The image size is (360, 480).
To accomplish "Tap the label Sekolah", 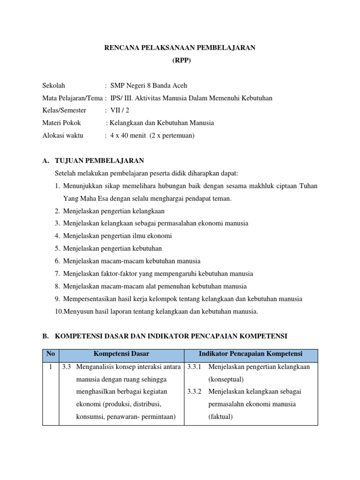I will (x=54, y=86).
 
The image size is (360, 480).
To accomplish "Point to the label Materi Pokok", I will (x=61, y=123).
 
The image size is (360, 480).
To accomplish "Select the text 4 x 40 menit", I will (x=128, y=135).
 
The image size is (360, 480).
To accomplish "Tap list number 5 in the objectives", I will (x=57, y=248).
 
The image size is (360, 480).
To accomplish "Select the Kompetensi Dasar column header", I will (x=121, y=353).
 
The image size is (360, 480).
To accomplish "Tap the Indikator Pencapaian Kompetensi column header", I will (x=251, y=353).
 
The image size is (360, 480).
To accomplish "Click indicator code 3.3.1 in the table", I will (x=194, y=367).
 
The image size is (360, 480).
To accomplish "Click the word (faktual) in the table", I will (x=220, y=417).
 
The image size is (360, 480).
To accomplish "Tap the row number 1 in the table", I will (x=51, y=367).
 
